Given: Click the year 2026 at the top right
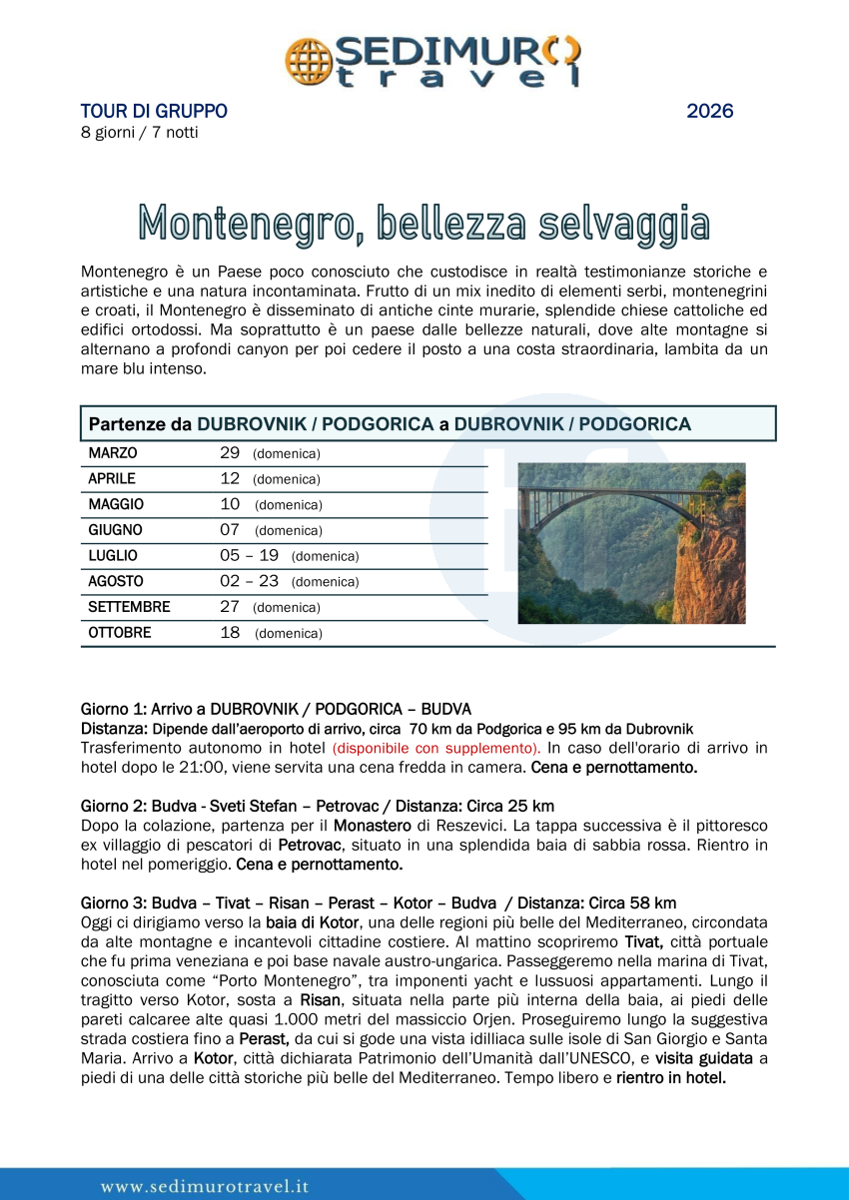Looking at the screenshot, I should [709, 111].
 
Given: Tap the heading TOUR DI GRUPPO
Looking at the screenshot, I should [154, 111].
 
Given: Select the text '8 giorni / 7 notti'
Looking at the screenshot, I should [139, 133].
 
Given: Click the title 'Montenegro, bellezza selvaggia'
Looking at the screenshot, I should [424, 224].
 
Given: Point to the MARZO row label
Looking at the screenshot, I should [113, 453].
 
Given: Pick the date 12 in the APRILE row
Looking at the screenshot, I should [230, 478].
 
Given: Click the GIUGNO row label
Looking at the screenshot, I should [115, 530].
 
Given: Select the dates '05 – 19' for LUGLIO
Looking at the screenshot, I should [249, 555].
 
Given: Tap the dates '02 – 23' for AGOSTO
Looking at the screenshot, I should [249, 581].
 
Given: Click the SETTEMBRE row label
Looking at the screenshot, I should [129, 607].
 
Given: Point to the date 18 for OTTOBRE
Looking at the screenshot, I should [230, 633].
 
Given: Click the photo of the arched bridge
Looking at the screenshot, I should [631, 543].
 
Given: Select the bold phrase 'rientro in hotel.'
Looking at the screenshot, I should [670, 1078].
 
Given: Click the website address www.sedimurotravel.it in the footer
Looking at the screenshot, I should [205, 1186].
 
